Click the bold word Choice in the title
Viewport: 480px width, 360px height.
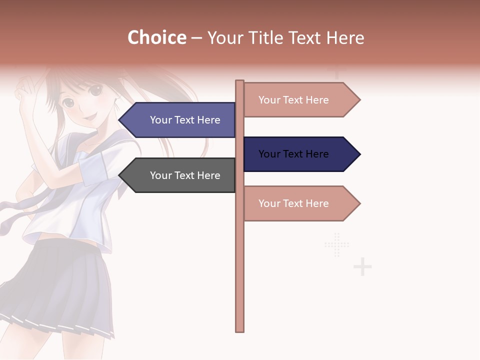pos(156,37)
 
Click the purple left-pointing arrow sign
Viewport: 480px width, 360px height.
pos(180,120)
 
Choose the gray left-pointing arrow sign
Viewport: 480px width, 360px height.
pos(180,175)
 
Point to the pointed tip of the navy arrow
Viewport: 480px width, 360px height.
pos(359,154)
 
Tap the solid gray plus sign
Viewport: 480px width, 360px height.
pos(362,267)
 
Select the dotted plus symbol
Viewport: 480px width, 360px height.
pos(337,245)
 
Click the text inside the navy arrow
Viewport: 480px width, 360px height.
pos(293,154)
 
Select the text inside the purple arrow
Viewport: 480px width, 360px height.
pos(185,120)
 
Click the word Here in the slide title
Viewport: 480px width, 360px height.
pos(345,38)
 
